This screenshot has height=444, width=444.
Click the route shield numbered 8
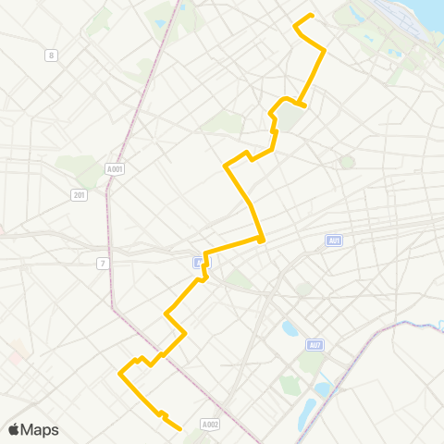(51, 55)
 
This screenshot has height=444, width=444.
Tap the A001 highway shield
(115, 169)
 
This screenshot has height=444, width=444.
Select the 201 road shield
(80, 193)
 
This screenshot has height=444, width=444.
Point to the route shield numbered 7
(104, 264)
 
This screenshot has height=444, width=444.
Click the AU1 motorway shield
(334, 240)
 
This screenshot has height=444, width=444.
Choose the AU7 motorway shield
(316, 345)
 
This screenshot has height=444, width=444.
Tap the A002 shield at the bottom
(211, 424)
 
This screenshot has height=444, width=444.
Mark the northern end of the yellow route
(312, 15)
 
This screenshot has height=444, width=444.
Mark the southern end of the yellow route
(179, 428)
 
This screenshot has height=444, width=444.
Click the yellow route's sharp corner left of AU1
(263, 240)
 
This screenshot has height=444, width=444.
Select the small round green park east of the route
(347, 162)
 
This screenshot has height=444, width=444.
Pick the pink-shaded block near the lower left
(17, 351)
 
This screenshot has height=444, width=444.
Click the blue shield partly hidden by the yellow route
(201, 263)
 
